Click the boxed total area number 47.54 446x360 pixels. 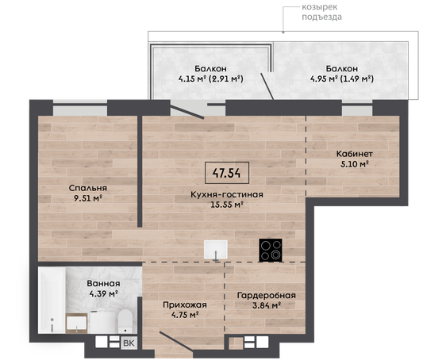click(227, 173)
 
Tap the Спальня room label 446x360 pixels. click(88, 188)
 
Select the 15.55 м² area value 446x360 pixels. click(227, 205)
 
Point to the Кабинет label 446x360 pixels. click(355, 154)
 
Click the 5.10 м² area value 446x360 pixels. click(355, 164)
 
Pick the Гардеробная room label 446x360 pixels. click(267, 296)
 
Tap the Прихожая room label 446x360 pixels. click(185, 305)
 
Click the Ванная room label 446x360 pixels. click(103, 284)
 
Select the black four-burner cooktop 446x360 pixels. click(271, 250)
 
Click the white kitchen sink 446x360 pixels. click(216, 250)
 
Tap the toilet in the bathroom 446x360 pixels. click(125, 321)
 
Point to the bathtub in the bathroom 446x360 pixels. click(52, 300)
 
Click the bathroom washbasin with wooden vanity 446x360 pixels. click(76, 324)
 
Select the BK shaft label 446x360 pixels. click(129, 343)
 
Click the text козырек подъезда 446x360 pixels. click(321, 12)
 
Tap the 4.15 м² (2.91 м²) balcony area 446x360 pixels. click(211, 79)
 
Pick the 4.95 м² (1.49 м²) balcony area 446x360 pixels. click(341, 79)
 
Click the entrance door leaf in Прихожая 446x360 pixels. click(176, 342)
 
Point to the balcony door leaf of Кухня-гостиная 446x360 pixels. click(186, 112)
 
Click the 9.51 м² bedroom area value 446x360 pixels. click(88, 198)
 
